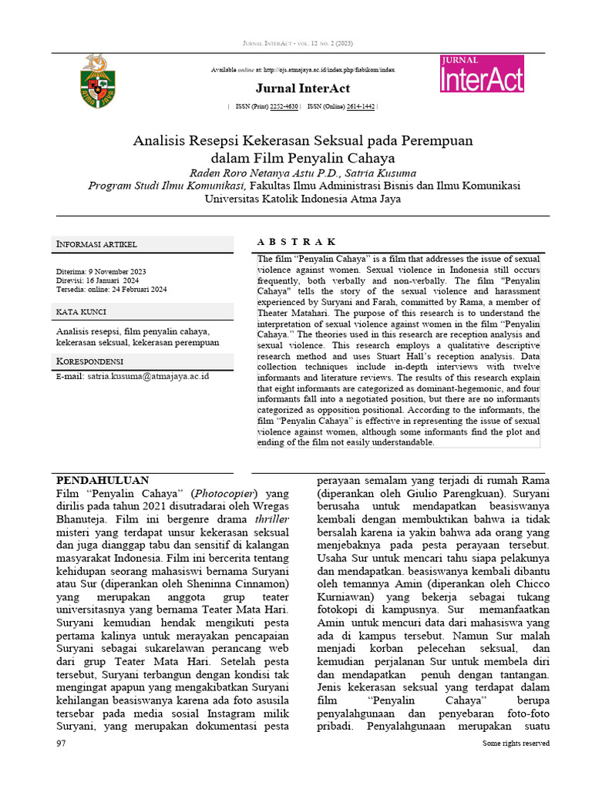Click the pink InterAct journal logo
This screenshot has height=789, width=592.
482,74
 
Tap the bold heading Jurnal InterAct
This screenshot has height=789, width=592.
302,89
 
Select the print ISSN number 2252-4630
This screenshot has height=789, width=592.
284,106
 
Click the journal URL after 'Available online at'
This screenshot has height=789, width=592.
327,70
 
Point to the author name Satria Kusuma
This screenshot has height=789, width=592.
383,173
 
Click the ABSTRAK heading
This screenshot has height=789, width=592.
295,242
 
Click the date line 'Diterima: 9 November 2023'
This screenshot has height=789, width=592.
101,272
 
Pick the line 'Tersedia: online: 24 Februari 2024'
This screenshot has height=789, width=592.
111,290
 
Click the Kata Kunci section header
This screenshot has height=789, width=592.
81,312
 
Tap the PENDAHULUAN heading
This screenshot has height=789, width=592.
103,479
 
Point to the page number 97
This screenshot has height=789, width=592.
62,744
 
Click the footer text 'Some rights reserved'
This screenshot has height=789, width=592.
516,744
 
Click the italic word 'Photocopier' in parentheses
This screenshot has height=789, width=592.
224,493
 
